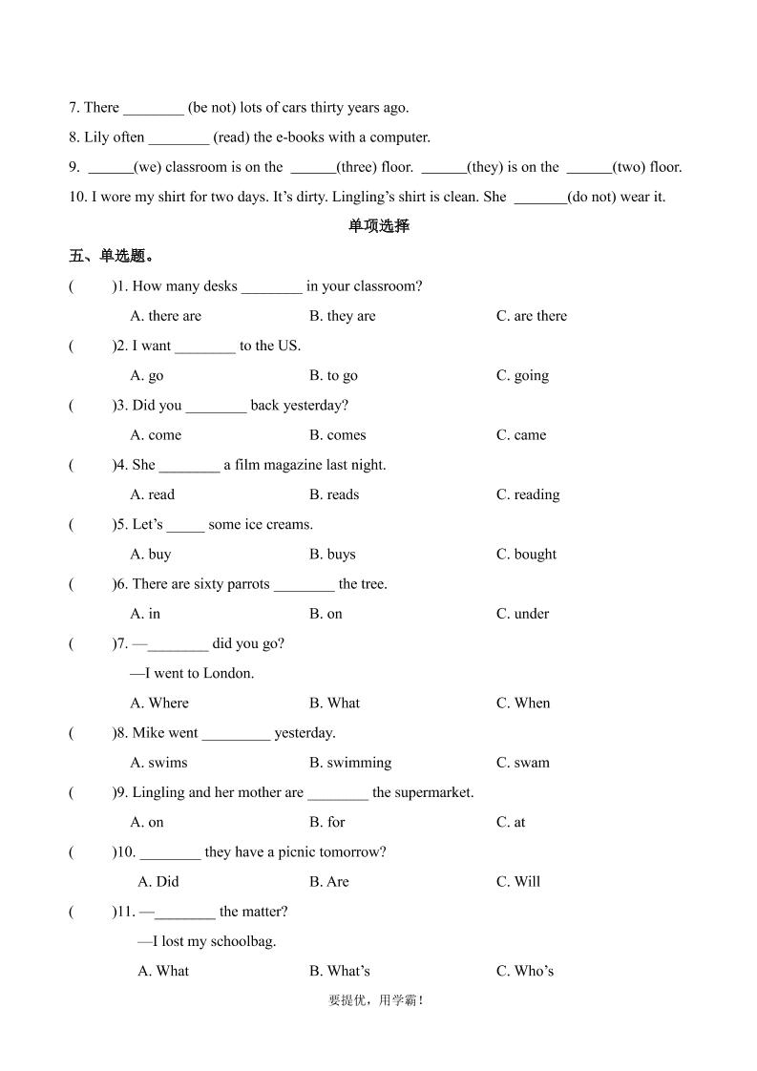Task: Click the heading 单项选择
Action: point(378,226)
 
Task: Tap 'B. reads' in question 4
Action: point(334,494)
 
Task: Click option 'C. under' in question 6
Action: point(522,614)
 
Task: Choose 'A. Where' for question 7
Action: point(159,703)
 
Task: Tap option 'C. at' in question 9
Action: point(511,822)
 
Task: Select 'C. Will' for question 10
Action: point(518,882)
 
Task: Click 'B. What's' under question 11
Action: point(339,971)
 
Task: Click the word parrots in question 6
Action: point(248,584)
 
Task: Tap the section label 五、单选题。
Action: point(112,256)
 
